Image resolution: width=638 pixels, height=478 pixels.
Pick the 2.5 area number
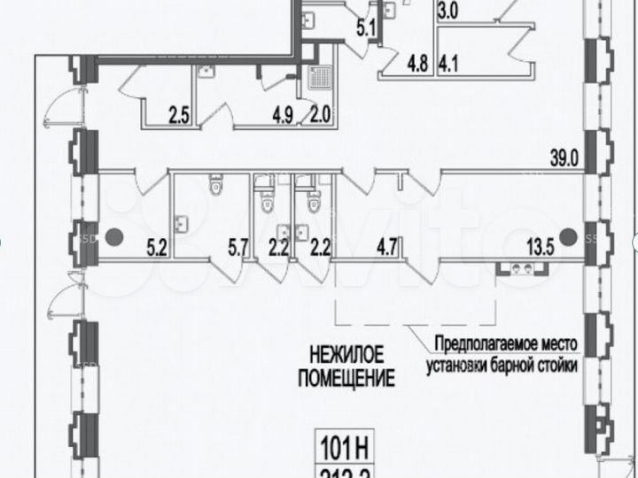tap(179, 112)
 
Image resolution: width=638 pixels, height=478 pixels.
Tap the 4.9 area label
tap(282, 112)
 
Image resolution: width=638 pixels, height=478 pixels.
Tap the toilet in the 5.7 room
tap(214, 187)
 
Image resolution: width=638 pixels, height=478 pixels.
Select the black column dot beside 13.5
tap(568, 236)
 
